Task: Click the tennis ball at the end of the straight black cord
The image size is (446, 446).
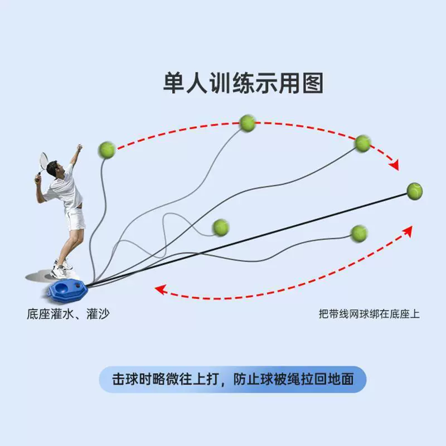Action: pyautogui.click(x=414, y=191)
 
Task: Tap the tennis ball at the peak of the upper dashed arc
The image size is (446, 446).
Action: pyautogui.click(x=248, y=123)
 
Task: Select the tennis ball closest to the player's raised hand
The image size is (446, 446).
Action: pyautogui.click(x=106, y=150)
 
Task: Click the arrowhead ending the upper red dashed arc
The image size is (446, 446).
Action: pyautogui.click(x=395, y=164)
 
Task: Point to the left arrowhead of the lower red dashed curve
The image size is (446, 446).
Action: pyautogui.click(x=161, y=289)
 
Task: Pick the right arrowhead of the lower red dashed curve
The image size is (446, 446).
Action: pyautogui.click(x=408, y=231)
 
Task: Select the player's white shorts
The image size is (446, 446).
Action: pyautogui.click(x=75, y=219)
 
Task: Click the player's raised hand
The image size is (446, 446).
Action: pyautogui.click(x=80, y=147)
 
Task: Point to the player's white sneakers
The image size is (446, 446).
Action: pyautogui.click(x=61, y=269)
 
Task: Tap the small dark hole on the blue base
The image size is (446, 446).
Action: pyautogui.click(x=77, y=285)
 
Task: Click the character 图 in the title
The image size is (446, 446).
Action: pyautogui.click(x=313, y=83)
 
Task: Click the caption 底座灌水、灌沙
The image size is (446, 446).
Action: pyautogui.click(x=68, y=314)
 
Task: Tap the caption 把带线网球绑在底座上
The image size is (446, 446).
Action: pyautogui.click(x=369, y=314)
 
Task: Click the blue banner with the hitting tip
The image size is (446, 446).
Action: pyautogui.click(x=232, y=379)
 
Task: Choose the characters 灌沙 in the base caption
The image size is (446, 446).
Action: pyautogui.click(x=98, y=314)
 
